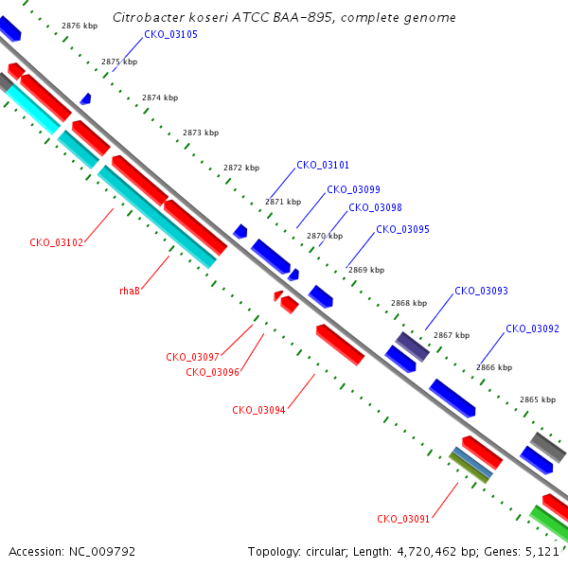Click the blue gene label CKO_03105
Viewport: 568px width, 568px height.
point(171,34)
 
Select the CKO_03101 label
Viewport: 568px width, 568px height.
point(323,165)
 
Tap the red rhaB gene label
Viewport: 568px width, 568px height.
point(130,291)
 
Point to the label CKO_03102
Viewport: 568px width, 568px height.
point(57,242)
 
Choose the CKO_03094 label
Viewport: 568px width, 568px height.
point(258,410)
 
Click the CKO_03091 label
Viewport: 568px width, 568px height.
point(403,519)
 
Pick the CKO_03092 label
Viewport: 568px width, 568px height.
point(532,328)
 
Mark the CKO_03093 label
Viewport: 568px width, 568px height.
point(482,291)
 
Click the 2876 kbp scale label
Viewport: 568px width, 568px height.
point(80,26)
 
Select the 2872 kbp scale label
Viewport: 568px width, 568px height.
point(241,168)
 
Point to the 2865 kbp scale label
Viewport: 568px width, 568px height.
point(538,399)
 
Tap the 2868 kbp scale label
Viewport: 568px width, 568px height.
point(409,303)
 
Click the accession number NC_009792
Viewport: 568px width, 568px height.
point(102,552)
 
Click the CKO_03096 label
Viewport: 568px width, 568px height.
point(213,372)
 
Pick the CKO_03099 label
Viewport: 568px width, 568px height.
point(353,190)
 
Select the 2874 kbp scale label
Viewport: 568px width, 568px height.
point(160,98)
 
